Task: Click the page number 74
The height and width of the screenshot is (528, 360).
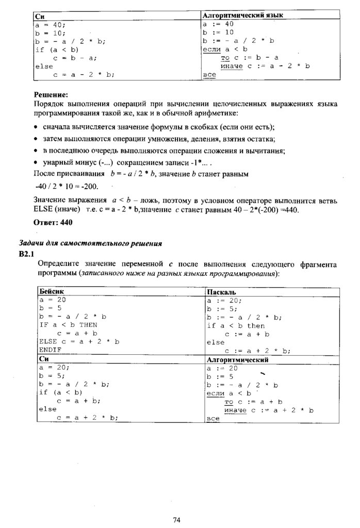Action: pyautogui.click(x=176, y=519)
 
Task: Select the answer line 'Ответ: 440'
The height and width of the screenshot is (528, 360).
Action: pyautogui.click(x=53, y=222)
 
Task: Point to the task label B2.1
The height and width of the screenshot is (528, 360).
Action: pyautogui.click(x=26, y=253)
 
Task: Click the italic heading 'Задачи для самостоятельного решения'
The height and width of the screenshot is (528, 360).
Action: pyautogui.click(x=90, y=243)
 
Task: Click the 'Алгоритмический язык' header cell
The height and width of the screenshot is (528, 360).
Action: pyautogui.click(x=243, y=15)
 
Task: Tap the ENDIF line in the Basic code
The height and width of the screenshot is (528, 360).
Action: pyautogui.click(x=50, y=350)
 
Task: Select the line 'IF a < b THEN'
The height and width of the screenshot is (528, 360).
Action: pyautogui.click(x=68, y=325)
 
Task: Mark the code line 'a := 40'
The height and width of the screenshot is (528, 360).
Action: pyautogui.click(x=219, y=24)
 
